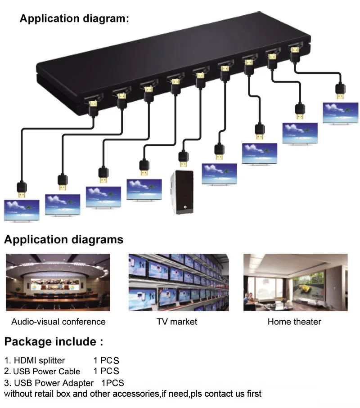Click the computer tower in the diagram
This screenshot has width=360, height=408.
tap(182, 192)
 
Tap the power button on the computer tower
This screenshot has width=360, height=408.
tap(184, 207)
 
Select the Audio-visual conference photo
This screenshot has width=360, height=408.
tap(58, 282)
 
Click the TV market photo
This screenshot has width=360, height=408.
tap(179, 282)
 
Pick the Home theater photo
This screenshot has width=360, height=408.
tap(295, 282)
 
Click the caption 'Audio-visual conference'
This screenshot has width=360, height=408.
tap(58, 322)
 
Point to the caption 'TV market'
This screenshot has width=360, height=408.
tap(177, 322)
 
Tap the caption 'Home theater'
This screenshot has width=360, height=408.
tap(294, 322)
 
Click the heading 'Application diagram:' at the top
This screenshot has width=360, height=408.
tap(74, 19)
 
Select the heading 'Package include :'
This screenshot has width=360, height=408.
tap(54, 341)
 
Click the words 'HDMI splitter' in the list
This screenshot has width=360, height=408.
tap(40, 360)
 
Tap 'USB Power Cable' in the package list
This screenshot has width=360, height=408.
tap(46, 372)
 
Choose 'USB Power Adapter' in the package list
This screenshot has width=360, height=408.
tap(54, 383)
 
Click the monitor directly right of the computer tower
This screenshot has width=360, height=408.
tap(219, 174)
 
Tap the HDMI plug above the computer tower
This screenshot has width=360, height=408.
tap(183, 158)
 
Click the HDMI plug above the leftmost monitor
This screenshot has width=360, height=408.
tap(22, 189)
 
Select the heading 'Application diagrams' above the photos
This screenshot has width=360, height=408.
tap(63, 239)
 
